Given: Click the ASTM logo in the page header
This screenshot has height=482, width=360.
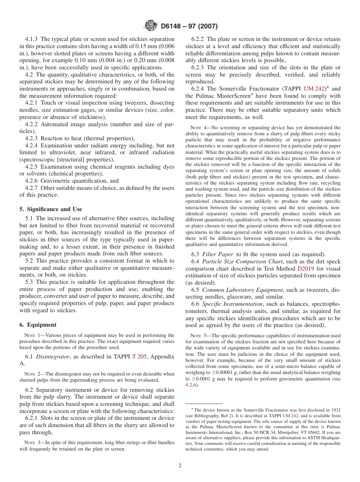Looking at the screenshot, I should point(151,26).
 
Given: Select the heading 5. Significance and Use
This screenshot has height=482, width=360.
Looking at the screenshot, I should point(50,209).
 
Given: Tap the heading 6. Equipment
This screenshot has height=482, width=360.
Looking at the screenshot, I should point(38,325).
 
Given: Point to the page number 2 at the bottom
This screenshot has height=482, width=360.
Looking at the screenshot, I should point(180,466).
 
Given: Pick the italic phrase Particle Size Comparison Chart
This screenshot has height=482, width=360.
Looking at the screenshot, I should point(243,261).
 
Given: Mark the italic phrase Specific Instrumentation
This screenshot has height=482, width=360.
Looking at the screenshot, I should point(232,304).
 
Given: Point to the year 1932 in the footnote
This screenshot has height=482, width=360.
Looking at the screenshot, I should point(334,410).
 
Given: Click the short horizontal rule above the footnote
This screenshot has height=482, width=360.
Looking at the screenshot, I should point(203,404).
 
